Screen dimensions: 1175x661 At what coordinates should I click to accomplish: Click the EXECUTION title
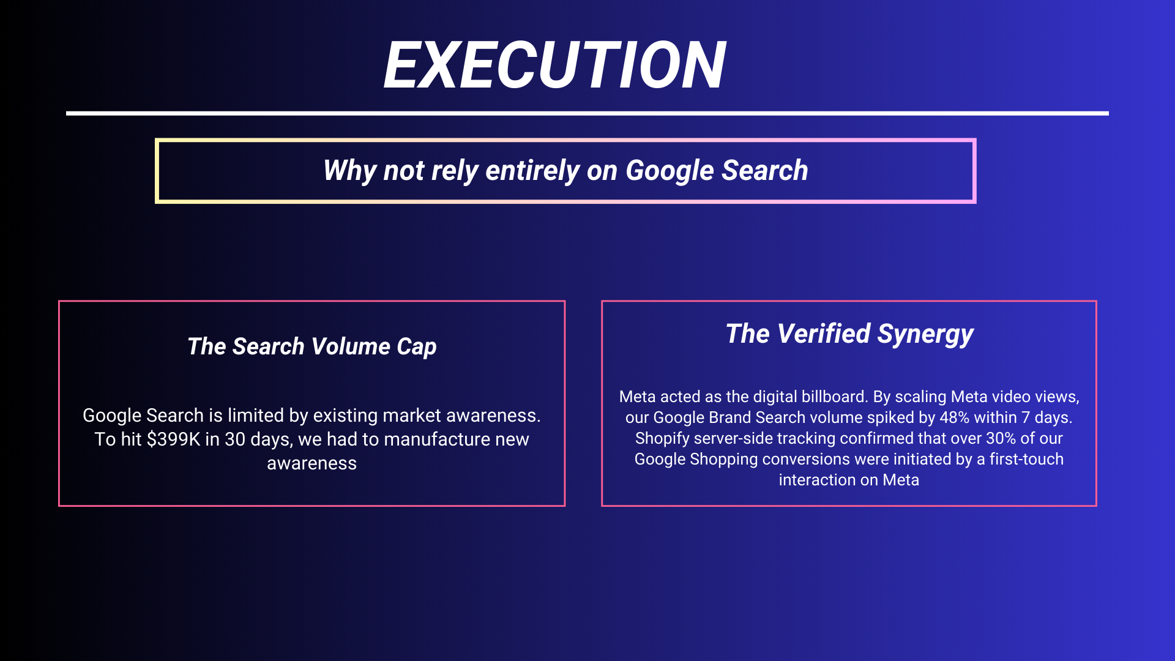click(x=554, y=65)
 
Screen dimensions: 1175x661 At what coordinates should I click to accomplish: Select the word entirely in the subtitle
click(x=532, y=171)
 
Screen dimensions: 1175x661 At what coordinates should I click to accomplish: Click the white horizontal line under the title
click(x=587, y=113)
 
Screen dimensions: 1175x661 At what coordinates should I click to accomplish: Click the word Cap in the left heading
click(x=417, y=347)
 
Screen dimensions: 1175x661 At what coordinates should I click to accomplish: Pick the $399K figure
click(x=173, y=439)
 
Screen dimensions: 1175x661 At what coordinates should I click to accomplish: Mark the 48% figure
click(x=954, y=417)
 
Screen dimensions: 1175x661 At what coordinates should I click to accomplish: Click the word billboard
click(x=837, y=397)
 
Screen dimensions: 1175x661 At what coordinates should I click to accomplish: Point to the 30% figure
click(x=1001, y=438)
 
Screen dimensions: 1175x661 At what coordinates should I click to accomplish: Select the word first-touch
click(x=1027, y=459)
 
